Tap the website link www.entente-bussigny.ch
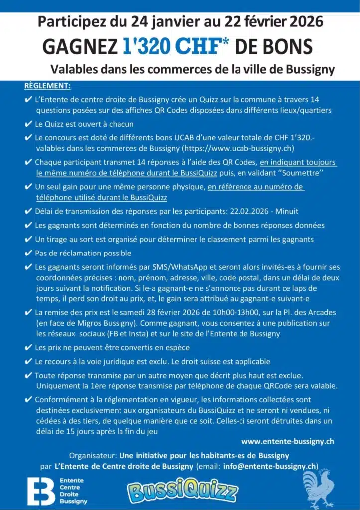(287, 441)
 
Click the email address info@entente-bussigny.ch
(270, 466)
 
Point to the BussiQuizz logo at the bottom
(183, 491)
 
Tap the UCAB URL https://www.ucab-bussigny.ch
(239, 148)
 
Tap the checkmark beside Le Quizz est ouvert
(28, 124)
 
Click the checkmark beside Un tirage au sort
(28, 239)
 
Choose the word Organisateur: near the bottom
(92, 455)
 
